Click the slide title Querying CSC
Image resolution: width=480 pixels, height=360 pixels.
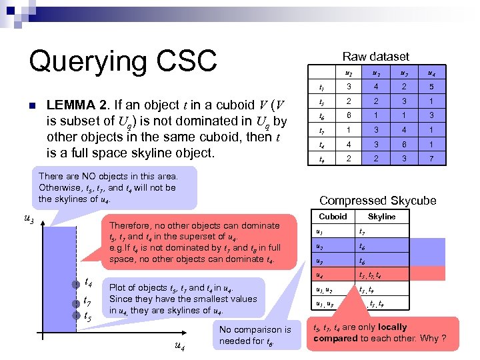pyautogui.click(x=123, y=61)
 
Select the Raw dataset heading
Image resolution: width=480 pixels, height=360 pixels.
pyautogui.click(x=375, y=57)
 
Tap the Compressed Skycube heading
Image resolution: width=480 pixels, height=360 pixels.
pyautogui.click(x=377, y=201)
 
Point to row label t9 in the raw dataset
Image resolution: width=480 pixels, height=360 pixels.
pyautogui.click(x=323, y=159)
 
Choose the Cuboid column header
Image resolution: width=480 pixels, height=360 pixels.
pyautogui.click(x=333, y=217)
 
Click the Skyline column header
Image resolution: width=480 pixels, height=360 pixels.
pyautogui.click(x=381, y=217)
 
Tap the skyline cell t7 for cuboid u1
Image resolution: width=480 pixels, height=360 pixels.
pyautogui.click(x=362, y=231)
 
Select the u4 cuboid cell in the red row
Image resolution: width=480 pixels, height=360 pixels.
pyautogui.click(x=321, y=275)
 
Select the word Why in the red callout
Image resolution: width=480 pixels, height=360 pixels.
pyautogui.click(x=430, y=339)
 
